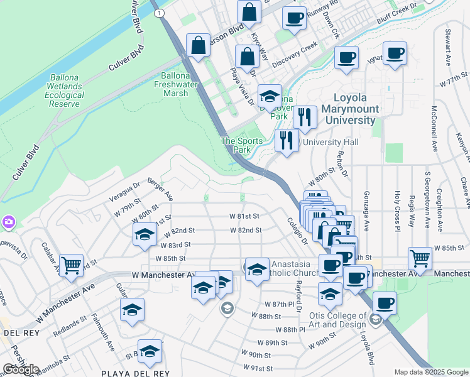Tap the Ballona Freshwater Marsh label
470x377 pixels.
(x=171, y=84)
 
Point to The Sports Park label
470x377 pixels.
(x=241, y=145)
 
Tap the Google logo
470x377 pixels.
(x=21, y=369)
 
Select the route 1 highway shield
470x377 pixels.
(x=161, y=13)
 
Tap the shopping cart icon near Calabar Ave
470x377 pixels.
(x=71, y=265)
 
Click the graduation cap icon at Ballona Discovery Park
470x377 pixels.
(x=270, y=96)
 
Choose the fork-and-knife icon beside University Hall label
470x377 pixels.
(x=287, y=139)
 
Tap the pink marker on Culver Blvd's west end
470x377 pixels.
(x=8, y=222)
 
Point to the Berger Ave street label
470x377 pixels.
(x=160, y=188)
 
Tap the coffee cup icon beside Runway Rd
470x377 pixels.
(x=293, y=18)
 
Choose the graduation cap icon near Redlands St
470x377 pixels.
(x=132, y=310)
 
